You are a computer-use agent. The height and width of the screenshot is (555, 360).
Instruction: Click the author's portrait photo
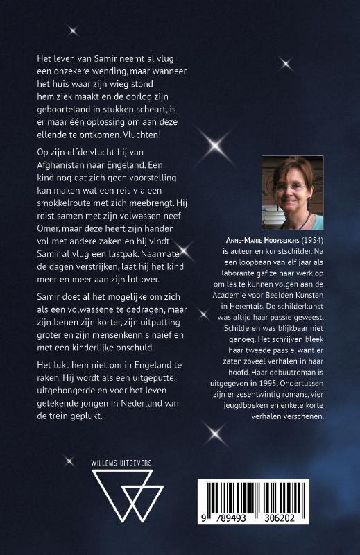[x=292, y=193]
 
